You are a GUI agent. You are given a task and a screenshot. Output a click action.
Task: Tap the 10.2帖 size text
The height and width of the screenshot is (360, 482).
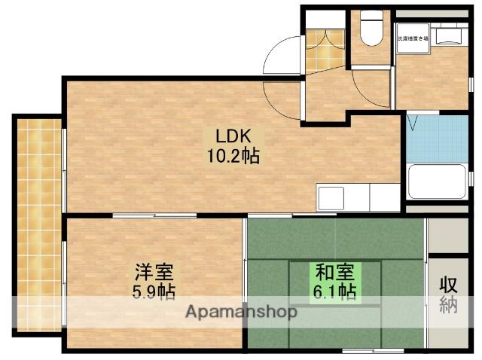pyautogui.click(x=233, y=157)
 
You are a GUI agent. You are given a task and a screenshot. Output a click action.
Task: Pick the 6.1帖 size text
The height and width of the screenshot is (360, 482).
pyautogui.click(x=336, y=289)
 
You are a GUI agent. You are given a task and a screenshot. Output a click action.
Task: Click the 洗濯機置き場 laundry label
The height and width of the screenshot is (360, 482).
pyautogui.click(x=412, y=37)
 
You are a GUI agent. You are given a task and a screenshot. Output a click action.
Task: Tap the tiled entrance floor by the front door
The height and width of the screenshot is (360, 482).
pyautogui.click(x=325, y=47)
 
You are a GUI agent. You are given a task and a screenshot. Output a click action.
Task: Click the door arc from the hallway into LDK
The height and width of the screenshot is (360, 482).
pyautogui.click(x=286, y=96)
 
